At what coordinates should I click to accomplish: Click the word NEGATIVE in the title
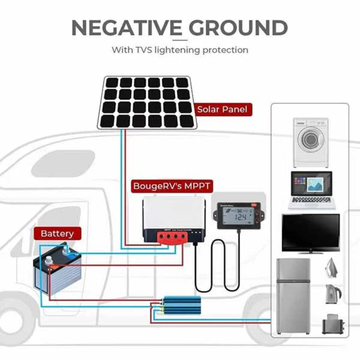[x=127, y=28]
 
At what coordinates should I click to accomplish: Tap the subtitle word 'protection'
[x=225, y=50]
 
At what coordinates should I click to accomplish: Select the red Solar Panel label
[x=222, y=109]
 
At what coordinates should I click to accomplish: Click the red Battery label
[x=57, y=233]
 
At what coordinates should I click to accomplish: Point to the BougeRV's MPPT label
[x=172, y=186]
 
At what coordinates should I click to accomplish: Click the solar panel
[x=147, y=102]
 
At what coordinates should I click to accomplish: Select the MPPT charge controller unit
[x=174, y=220]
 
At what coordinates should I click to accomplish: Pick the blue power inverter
[x=181, y=305]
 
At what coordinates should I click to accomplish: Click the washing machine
[x=311, y=142]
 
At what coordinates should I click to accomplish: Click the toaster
[x=332, y=324]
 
